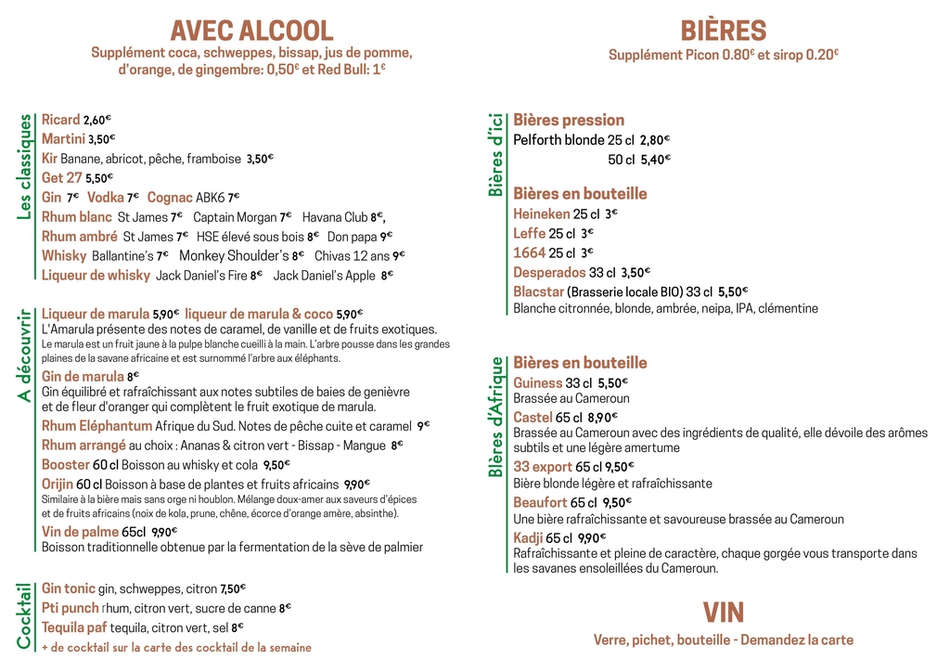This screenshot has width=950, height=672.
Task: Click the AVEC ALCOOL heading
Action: click(x=251, y=31)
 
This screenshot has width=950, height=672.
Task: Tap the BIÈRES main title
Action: click(x=723, y=31)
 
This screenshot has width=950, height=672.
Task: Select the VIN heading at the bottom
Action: click(x=723, y=613)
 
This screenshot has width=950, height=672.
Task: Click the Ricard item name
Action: click(x=61, y=120)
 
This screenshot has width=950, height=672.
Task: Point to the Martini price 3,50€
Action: click(x=101, y=139)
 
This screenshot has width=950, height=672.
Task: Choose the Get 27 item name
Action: click(x=62, y=177)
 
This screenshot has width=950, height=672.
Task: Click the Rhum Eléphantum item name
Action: click(x=96, y=426)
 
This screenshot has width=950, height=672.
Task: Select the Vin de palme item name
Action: click(x=80, y=532)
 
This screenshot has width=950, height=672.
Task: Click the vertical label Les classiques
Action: click(x=25, y=167)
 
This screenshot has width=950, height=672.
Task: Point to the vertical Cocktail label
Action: click(x=25, y=614)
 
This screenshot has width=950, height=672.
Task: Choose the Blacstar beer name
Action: click(x=538, y=291)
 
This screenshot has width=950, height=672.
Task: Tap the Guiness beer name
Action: click(x=538, y=382)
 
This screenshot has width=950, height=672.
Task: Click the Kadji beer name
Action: click(x=528, y=538)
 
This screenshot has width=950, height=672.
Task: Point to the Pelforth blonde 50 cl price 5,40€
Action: click(x=655, y=160)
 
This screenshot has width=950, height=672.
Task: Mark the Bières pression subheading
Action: click(x=569, y=120)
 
